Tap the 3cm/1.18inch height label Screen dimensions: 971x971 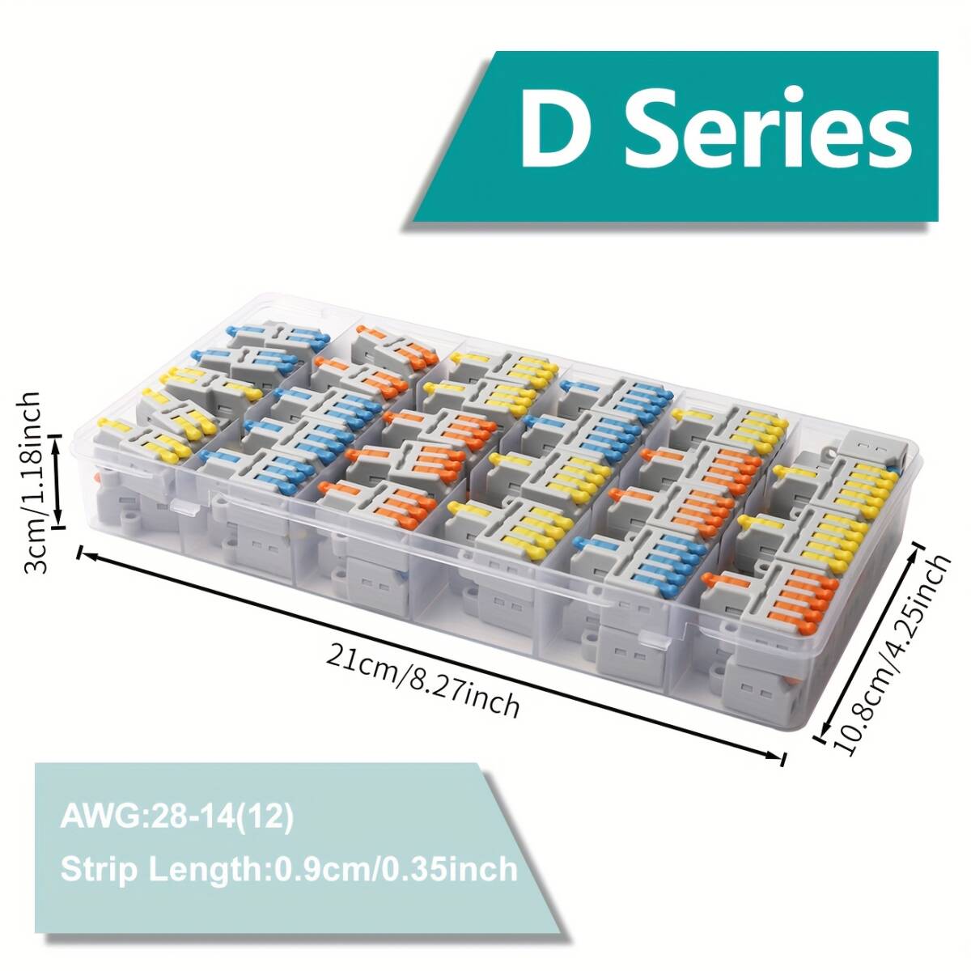pyautogui.click(x=31, y=482)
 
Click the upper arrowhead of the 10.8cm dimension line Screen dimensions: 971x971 pyautogui.click(x=919, y=551)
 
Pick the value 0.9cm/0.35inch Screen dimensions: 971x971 pyautogui.click(x=396, y=869)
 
